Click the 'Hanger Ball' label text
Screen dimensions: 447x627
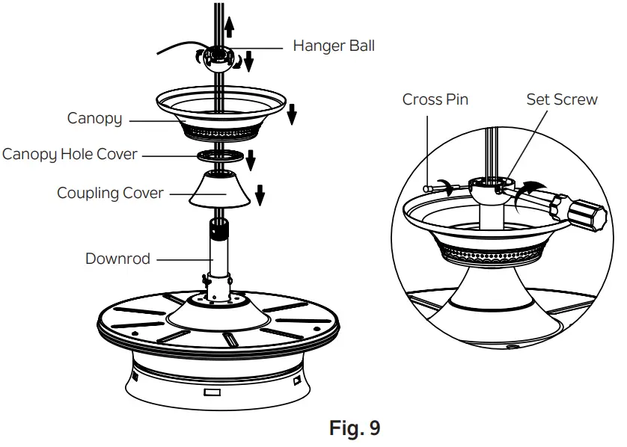334,46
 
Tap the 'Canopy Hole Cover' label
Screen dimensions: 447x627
70,155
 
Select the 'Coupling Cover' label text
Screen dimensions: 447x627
110,193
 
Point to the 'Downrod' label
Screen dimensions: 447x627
117,259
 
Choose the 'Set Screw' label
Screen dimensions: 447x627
561,99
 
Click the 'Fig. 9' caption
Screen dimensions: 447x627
355,429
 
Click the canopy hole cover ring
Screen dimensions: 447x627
221,155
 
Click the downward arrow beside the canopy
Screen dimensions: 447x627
292,114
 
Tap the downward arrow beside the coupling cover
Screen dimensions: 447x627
260,194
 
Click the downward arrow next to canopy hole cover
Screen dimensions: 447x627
251,159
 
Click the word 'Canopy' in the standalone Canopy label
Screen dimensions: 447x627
94,118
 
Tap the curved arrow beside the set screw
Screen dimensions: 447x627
532,186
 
